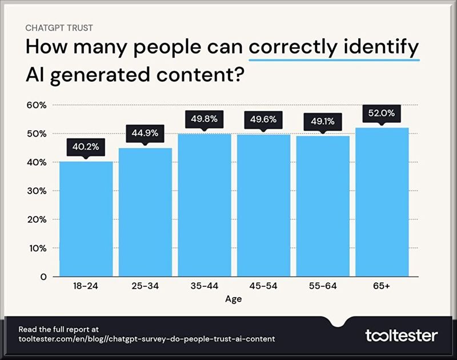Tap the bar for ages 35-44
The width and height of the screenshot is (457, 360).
point(204,205)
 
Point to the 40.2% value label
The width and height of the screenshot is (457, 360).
point(86,146)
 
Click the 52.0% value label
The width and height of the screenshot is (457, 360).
point(382,113)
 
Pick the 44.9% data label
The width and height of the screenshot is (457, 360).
point(145,133)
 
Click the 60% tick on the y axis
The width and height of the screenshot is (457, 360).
point(37,105)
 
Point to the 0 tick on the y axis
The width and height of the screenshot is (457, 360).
point(43,277)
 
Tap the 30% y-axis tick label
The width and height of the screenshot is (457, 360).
point(37,191)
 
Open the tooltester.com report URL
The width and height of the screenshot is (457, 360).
point(147,339)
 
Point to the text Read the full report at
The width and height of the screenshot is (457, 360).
point(59,329)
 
